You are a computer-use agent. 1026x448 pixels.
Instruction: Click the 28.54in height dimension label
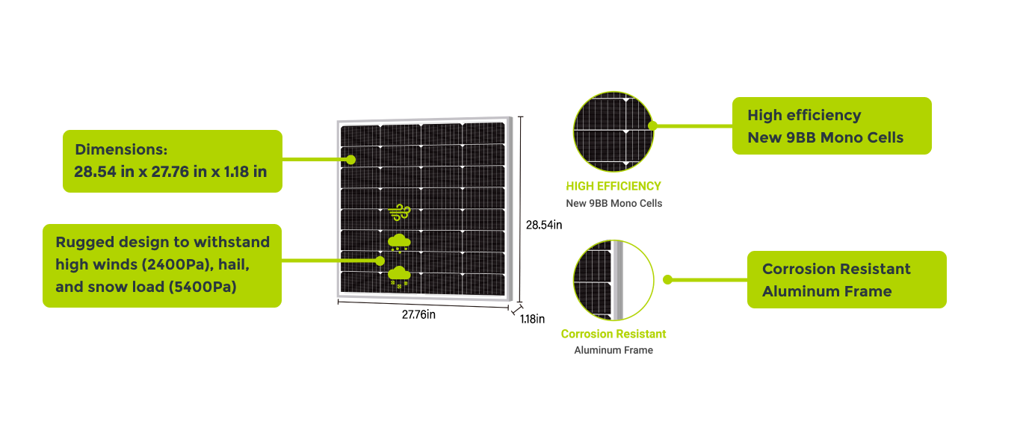click(x=543, y=225)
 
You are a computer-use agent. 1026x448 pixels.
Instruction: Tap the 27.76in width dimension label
click(x=418, y=314)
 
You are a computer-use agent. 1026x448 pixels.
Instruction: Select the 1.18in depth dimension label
click(x=532, y=320)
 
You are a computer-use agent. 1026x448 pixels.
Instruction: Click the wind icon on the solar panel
click(x=401, y=212)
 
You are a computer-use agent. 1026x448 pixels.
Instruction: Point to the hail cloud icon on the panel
click(x=398, y=243)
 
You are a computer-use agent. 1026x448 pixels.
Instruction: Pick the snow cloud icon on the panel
click(x=398, y=276)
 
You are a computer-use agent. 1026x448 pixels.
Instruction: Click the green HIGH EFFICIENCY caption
click(x=614, y=186)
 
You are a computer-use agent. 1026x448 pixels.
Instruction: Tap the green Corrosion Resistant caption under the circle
click(x=614, y=334)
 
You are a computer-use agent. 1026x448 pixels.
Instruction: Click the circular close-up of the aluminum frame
click(x=614, y=280)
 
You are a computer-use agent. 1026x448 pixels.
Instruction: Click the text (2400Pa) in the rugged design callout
click(x=176, y=264)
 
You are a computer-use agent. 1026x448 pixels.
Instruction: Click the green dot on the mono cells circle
click(x=652, y=125)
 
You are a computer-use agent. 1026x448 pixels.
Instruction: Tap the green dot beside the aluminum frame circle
click(x=668, y=280)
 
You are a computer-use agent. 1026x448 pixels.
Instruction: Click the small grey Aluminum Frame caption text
click(x=614, y=350)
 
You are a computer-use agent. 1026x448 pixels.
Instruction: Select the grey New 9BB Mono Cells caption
click(x=614, y=203)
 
